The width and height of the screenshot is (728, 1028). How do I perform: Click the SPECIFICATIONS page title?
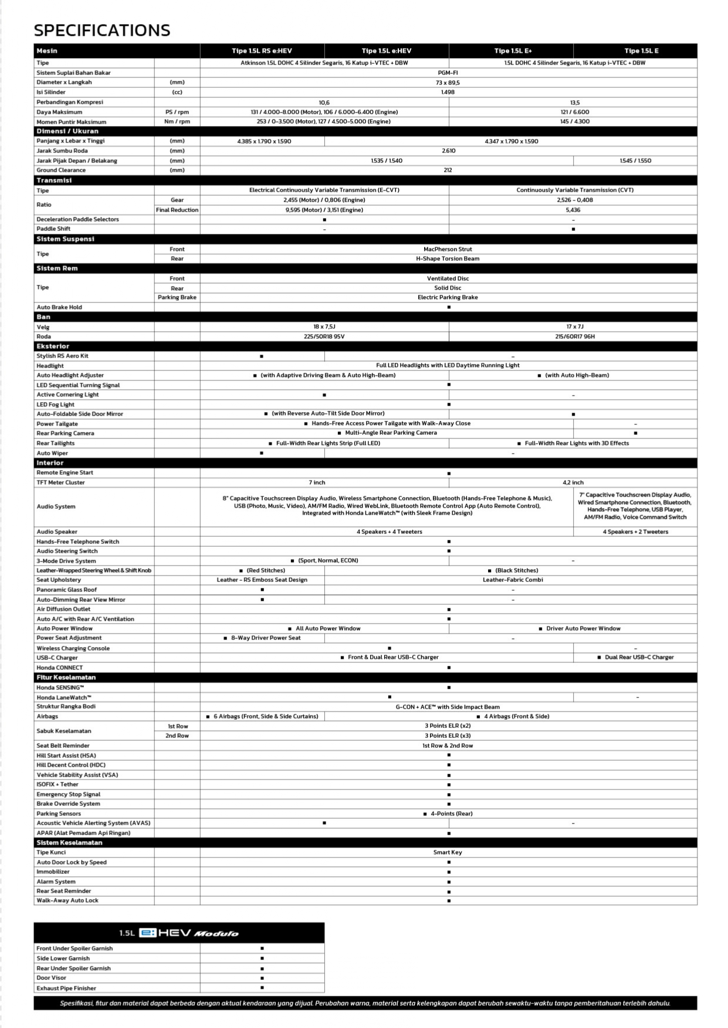tap(102, 30)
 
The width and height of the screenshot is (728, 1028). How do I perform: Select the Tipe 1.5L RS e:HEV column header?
tap(262, 51)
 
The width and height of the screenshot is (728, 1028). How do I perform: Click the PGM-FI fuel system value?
tap(448, 73)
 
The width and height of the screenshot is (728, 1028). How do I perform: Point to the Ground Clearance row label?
tap(61, 170)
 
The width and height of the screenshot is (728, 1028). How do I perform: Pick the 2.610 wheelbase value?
tap(448, 151)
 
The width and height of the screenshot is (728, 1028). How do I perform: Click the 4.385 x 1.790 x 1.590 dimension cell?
tap(264, 141)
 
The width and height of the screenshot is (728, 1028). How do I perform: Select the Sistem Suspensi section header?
tap(65, 239)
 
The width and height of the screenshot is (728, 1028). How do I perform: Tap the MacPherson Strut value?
tap(448, 249)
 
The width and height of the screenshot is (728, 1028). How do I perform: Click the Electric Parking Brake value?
tap(448, 297)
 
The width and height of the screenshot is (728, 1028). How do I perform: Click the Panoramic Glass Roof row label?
tap(67, 590)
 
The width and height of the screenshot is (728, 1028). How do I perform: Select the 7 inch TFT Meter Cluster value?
tap(317, 482)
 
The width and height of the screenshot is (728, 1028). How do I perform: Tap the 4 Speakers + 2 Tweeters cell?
tap(635, 532)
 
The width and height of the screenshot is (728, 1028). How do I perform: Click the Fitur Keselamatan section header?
tap(66, 678)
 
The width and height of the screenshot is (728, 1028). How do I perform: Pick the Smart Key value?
tap(448, 852)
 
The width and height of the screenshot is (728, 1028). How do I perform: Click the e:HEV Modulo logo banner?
tap(179, 933)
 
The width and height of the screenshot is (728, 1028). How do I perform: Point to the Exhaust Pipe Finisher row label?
tap(66, 988)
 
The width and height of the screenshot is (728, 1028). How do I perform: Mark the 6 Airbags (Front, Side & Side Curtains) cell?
tap(262, 716)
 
